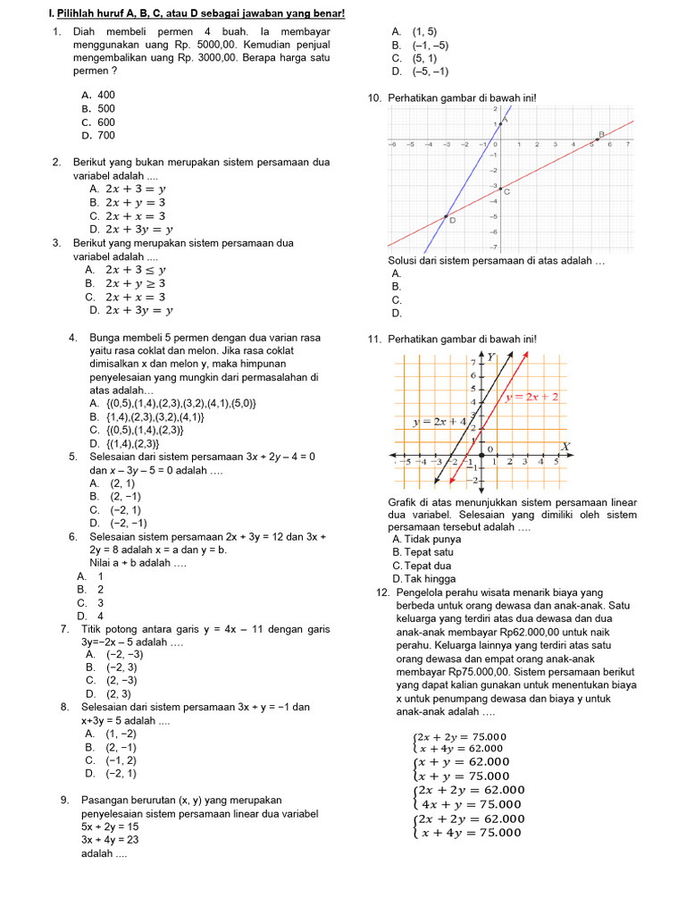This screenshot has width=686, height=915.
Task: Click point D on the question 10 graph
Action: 446,215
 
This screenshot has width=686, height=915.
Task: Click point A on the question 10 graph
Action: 500,122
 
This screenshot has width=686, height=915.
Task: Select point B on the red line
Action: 598,139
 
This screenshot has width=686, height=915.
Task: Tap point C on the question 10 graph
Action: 500,188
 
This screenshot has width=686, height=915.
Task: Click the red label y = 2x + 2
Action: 533,398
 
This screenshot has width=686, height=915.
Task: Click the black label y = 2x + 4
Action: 439,421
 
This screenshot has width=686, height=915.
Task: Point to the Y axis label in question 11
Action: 489,357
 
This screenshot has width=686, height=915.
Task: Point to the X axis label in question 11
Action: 565,446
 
